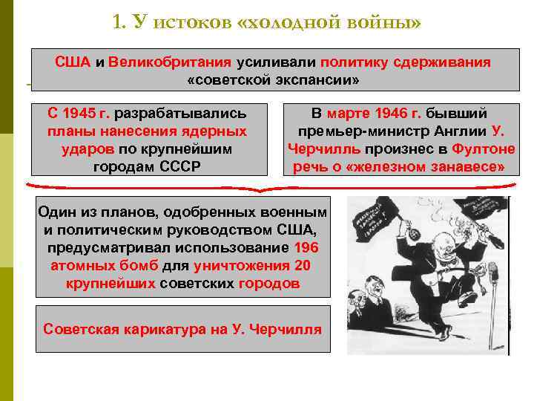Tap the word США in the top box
(x=72, y=61)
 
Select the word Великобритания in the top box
(x=170, y=61)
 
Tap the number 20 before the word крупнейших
(x=302, y=266)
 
